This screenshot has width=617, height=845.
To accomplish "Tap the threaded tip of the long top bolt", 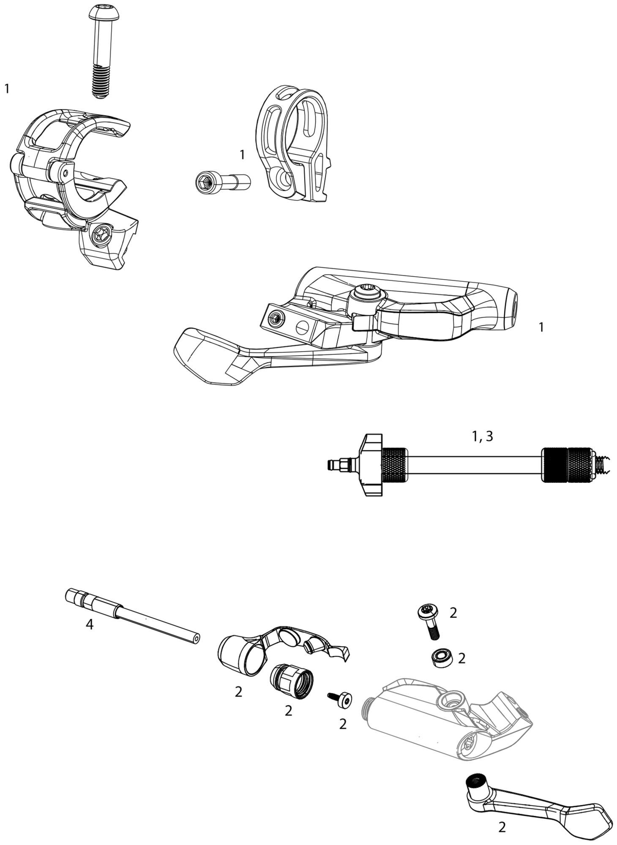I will (x=99, y=82).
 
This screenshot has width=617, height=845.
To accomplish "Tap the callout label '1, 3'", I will (x=482, y=436).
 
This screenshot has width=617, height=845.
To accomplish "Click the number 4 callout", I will (x=90, y=624).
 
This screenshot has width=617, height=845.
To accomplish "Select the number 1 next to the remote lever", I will (x=541, y=327).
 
